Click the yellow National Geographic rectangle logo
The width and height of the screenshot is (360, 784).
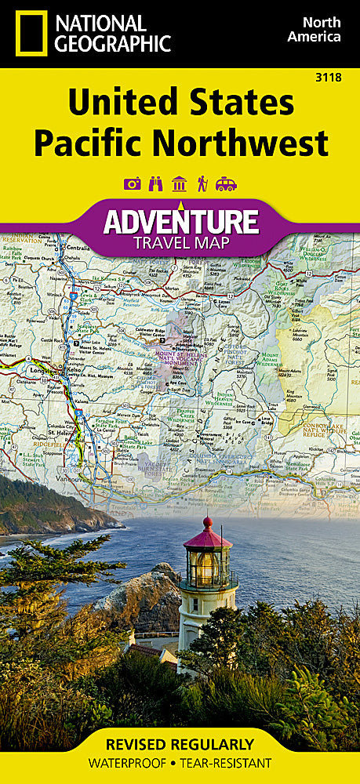pos(31,32)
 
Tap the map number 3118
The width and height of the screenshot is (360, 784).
pos(342,75)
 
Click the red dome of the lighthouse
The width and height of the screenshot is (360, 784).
pos(207,535)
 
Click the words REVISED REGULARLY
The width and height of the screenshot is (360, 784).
pos(180,744)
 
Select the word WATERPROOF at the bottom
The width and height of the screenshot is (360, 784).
pos(133,763)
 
